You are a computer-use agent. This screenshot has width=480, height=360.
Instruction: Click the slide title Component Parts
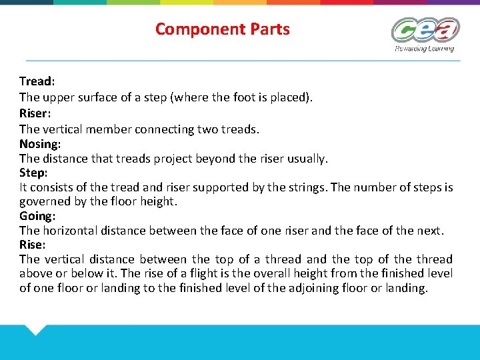click(222, 29)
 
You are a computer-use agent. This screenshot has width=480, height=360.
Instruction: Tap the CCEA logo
click(425, 31)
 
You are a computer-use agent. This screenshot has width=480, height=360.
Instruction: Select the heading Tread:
click(37, 81)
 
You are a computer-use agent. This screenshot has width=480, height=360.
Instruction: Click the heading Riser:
click(36, 113)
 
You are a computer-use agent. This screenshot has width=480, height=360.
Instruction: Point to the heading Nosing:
click(40, 143)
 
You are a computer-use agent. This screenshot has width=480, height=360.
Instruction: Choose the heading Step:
click(33, 173)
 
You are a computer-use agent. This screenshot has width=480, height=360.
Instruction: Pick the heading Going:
click(37, 216)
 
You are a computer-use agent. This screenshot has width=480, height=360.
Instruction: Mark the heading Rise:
click(33, 244)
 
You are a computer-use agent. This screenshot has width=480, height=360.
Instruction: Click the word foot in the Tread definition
click(234, 97)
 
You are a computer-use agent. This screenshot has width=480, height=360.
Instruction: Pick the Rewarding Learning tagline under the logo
click(424, 49)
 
